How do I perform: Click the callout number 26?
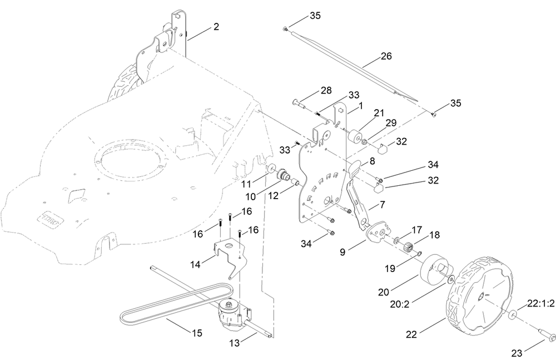point(386,56)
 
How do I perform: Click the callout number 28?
point(325,90)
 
